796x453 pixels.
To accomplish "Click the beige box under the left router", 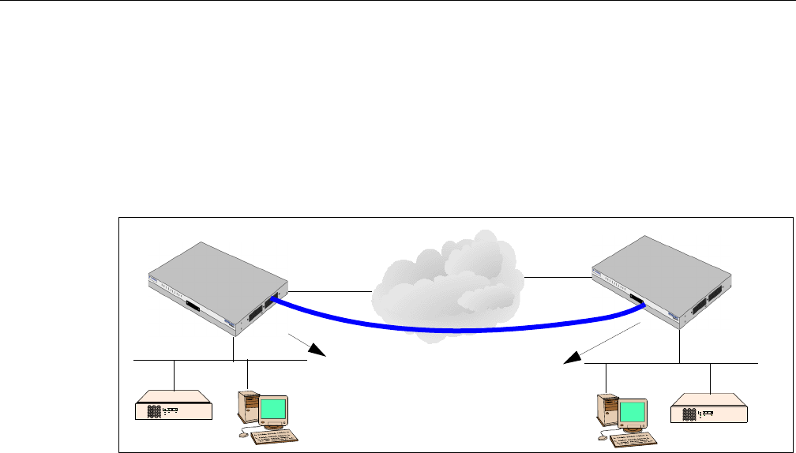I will pos(174,404).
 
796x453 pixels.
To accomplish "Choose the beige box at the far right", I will pos(708,410).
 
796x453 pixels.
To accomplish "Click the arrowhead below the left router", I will pos(319,352).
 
